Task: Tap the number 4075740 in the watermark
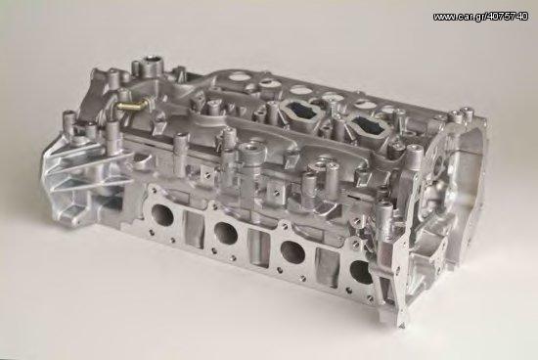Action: click(x=507, y=17)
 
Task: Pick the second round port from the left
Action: click(x=226, y=234)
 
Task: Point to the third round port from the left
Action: click(x=292, y=252)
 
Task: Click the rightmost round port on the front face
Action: click(x=362, y=272)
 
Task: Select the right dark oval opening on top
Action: click(x=370, y=124)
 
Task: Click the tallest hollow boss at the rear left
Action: click(x=151, y=66)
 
